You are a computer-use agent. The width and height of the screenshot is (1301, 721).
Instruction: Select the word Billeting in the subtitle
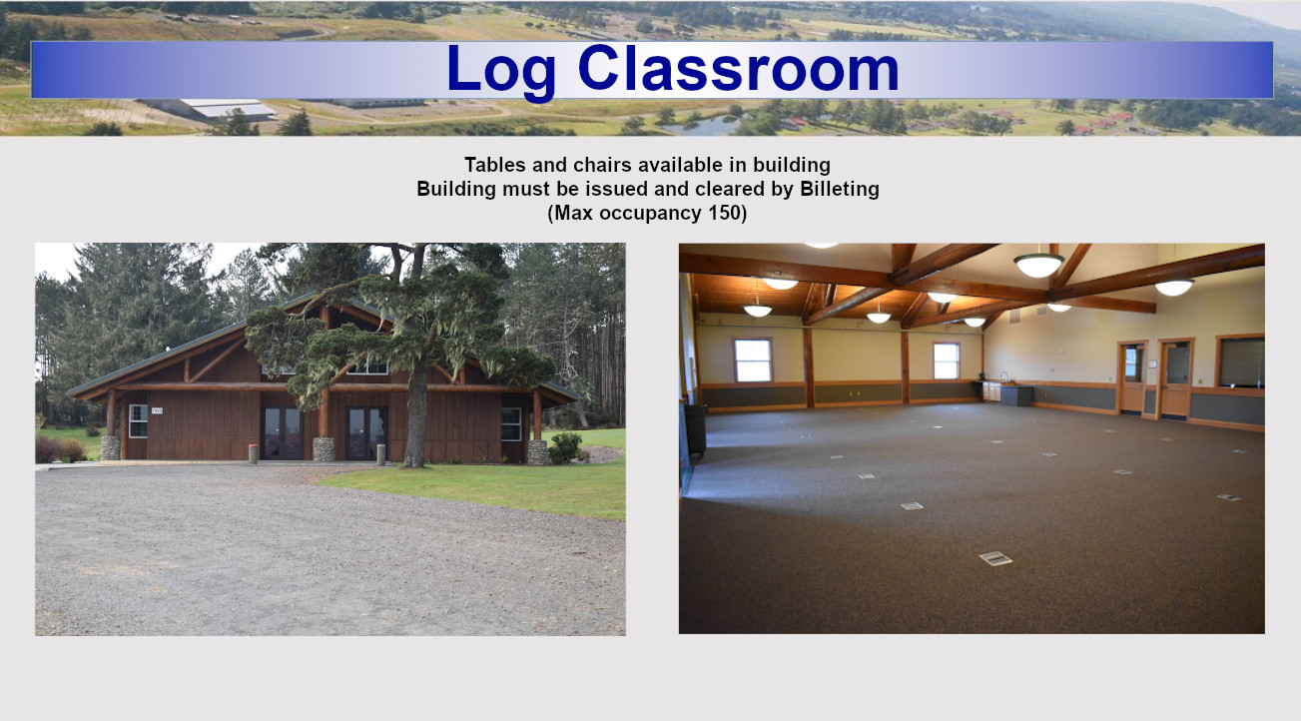click(x=840, y=190)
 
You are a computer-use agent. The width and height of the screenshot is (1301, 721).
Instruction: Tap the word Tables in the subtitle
click(x=495, y=165)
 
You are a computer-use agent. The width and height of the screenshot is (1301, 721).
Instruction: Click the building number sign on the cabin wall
click(x=157, y=410)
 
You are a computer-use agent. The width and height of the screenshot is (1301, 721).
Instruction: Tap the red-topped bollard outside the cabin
click(x=253, y=453)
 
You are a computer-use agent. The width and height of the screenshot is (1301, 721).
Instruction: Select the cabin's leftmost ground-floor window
click(x=138, y=420)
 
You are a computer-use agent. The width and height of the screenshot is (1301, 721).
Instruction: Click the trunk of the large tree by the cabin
click(x=415, y=418)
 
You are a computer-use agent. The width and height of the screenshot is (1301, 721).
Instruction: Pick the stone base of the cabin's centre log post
click(x=324, y=449)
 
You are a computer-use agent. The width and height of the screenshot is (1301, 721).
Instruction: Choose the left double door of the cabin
click(x=282, y=433)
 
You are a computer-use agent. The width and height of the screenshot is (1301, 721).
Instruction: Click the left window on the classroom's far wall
click(x=753, y=360)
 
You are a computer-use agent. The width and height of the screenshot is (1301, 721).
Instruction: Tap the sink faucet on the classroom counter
click(x=1003, y=376)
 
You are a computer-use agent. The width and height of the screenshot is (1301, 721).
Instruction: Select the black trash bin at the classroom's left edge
click(x=695, y=430)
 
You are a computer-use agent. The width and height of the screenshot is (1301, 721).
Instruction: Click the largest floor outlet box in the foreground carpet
click(x=995, y=559)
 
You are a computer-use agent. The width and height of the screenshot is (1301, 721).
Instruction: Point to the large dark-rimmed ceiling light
click(x=1039, y=265)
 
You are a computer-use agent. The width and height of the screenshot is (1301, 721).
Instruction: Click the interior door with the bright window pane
click(x=1132, y=377)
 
